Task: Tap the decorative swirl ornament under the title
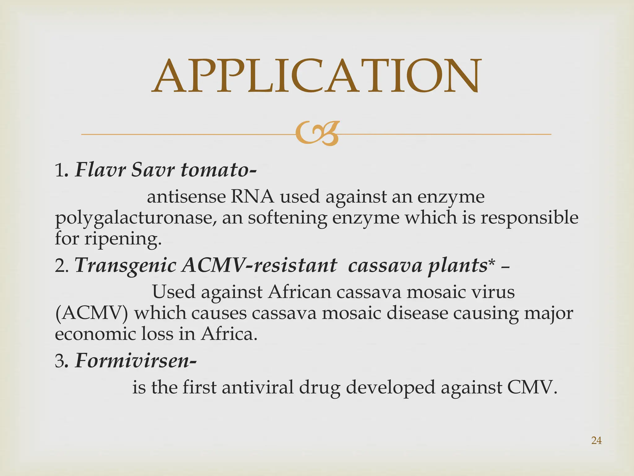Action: pyautogui.click(x=317, y=134)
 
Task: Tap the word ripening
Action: pyautogui.click(x=123, y=239)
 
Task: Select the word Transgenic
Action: pyautogui.click(x=125, y=266)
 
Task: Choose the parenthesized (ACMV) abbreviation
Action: pyautogui.click(x=91, y=313)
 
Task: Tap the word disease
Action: pyautogui.click(x=417, y=313)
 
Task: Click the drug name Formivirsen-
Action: pyautogui.click(x=136, y=361)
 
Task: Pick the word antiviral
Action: pyautogui.click(x=257, y=387)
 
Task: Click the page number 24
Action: pyautogui.click(x=596, y=440)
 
